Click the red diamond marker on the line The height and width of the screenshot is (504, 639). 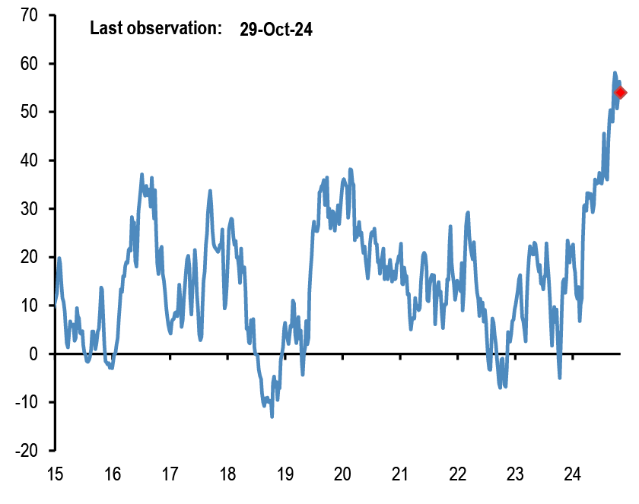click(620, 93)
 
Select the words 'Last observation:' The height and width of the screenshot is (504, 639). click(155, 30)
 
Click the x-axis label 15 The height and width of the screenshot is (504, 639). click(55, 474)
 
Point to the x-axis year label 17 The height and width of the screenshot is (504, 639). click(170, 474)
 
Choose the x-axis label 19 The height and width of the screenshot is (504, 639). click(285, 474)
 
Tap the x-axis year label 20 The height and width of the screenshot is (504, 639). click(342, 474)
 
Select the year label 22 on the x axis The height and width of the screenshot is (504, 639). click(457, 474)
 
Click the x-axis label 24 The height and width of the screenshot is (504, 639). click(572, 474)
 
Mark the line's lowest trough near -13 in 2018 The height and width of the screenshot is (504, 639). click(272, 416)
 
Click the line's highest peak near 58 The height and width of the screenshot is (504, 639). click(615, 73)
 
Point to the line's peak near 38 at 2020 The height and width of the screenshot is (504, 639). click(351, 170)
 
